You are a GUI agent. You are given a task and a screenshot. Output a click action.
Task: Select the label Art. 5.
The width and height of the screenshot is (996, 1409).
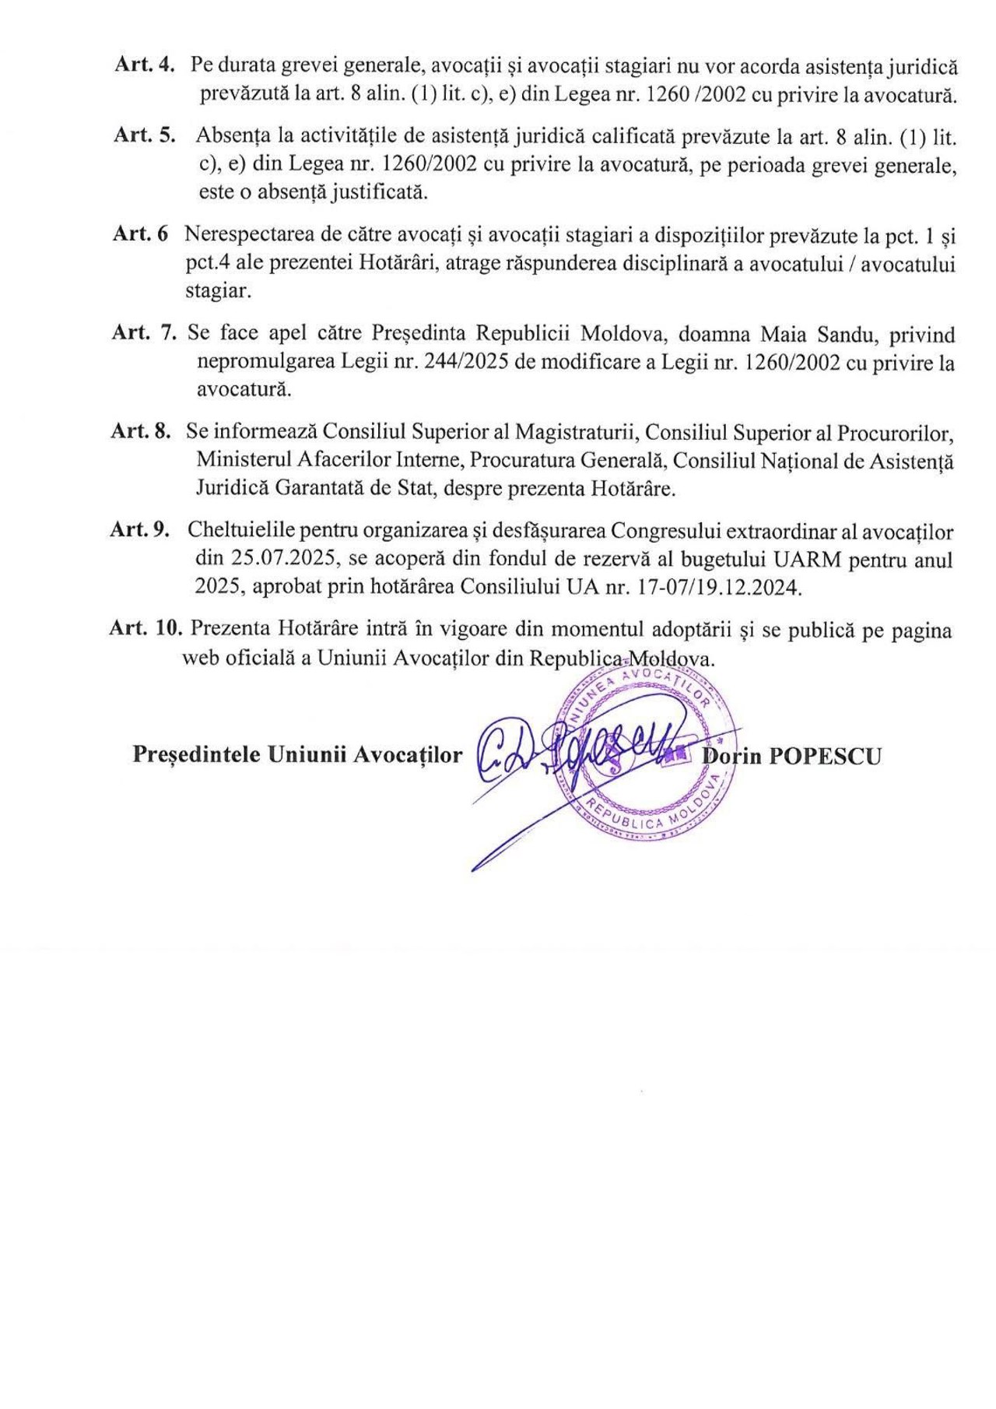[x=144, y=135]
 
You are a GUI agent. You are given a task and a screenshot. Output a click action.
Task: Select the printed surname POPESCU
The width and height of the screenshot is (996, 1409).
[x=825, y=757]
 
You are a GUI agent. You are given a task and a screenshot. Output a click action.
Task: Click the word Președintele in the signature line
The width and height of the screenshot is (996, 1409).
[x=197, y=755]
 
